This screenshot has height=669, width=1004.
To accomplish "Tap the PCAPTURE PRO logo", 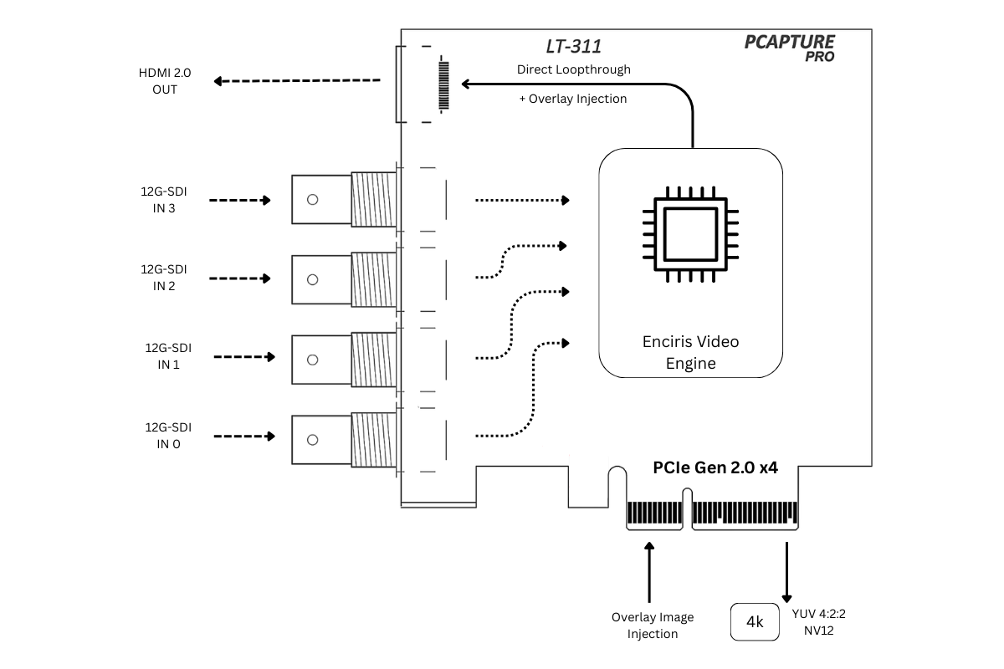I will point(789,48).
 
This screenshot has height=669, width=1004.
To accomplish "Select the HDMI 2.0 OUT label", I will point(165,81).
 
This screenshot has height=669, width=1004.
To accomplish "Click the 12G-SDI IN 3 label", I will point(164,200).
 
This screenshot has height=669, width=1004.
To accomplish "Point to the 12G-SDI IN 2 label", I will point(164,278).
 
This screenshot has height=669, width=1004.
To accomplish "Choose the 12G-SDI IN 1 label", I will point(167,356).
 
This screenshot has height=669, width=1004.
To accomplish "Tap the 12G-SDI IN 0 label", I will point(167,436).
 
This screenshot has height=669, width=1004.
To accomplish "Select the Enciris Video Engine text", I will point(690,352).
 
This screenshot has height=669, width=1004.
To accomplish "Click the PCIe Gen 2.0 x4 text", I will point(715,468).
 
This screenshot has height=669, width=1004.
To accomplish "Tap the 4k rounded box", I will point(755,622).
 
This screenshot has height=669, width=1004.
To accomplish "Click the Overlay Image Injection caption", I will point(653,625).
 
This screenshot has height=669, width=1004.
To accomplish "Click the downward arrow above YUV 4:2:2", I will point(786,572).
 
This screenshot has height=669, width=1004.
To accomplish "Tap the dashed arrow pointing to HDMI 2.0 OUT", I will point(297,81).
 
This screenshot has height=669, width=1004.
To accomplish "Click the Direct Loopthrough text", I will point(573,69).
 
